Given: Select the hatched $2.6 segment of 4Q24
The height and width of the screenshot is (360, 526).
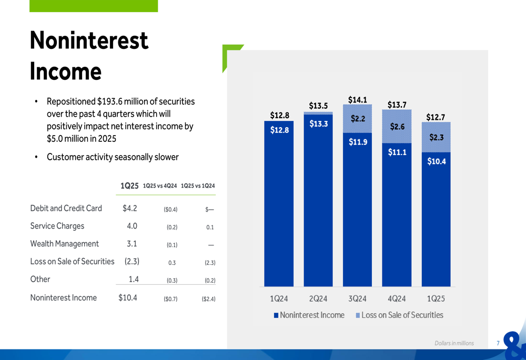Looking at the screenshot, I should [397, 127].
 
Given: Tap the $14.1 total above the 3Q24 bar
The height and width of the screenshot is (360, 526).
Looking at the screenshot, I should [358, 99].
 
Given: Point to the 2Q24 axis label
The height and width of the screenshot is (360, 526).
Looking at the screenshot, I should [318, 299].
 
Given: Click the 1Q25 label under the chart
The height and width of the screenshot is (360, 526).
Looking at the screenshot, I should [436, 299].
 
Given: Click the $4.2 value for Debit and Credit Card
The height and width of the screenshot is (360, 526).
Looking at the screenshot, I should [130, 208].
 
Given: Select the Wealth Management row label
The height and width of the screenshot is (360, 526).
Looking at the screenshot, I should [65, 244].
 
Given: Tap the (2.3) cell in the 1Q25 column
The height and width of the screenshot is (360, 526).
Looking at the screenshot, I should [131, 261].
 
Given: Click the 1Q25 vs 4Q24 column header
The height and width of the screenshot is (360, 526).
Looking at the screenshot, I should [160, 186].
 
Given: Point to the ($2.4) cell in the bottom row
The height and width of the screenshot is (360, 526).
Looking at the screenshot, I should [208, 299].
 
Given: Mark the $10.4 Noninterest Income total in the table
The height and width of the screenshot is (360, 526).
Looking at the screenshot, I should [128, 297].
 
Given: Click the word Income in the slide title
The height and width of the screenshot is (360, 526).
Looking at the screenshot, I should [66, 71].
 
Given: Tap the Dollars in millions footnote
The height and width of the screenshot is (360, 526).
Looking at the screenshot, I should [454, 343].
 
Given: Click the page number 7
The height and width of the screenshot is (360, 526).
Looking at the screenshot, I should [498, 343].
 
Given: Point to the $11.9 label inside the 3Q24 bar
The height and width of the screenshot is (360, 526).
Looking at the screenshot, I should [358, 142].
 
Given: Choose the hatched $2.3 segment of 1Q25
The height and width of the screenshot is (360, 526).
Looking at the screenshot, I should [437, 138].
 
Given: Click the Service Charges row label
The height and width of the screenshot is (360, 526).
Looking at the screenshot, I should [57, 226].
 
